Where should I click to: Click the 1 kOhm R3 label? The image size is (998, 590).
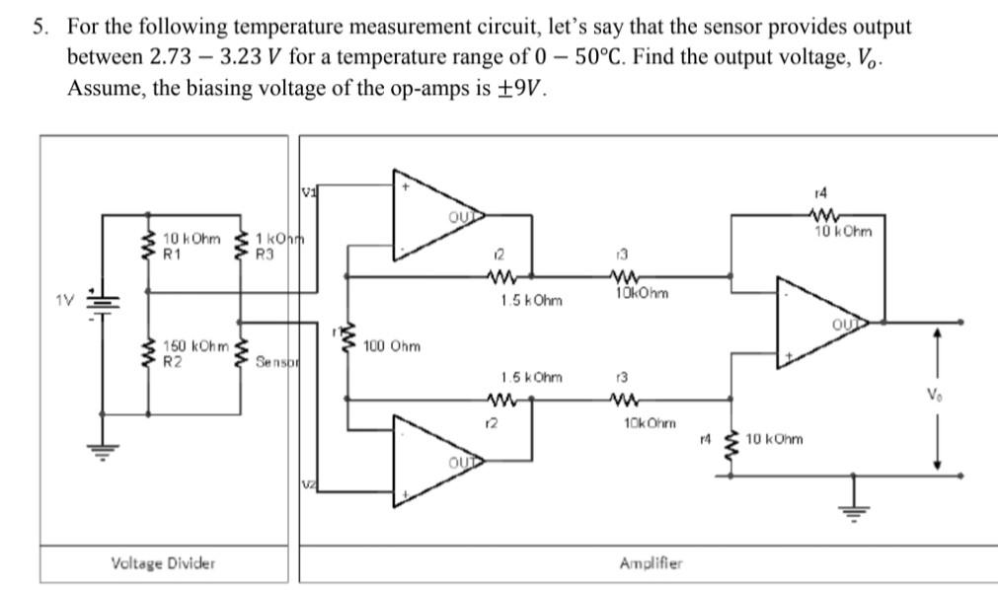(x=277, y=246)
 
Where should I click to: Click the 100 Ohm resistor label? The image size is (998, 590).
(x=392, y=346)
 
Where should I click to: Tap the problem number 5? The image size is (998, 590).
(x=38, y=27)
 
